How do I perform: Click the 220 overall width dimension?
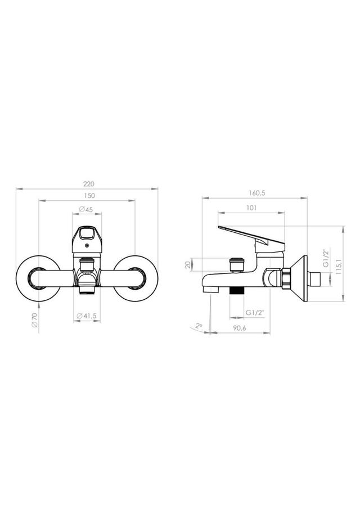coord(89,184)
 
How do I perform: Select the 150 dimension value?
coord(89,196)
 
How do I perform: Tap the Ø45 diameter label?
coord(86,209)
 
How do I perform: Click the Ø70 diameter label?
coord(35,320)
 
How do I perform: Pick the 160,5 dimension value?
coord(256,193)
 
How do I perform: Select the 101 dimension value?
coord(251,208)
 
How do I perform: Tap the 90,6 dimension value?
coord(240,328)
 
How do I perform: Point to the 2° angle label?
coord(199,326)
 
